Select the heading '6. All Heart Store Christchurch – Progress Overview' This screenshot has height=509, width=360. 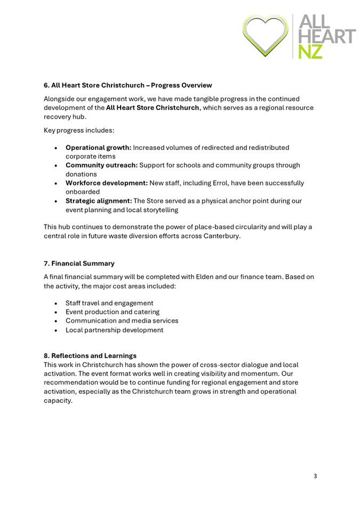(x=128, y=85)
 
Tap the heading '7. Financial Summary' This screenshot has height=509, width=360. (x=79, y=263)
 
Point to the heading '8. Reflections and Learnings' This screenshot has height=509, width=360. (x=90, y=355)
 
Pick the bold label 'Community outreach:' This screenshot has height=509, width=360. (x=101, y=165)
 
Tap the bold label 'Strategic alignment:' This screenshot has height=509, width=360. (x=98, y=201)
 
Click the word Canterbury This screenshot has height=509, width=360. (x=221, y=236)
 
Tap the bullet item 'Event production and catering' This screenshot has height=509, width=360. (x=113, y=312)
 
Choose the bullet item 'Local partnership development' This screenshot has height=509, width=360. (x=114, y=330)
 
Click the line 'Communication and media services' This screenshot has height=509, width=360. (x=122, y=321)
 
